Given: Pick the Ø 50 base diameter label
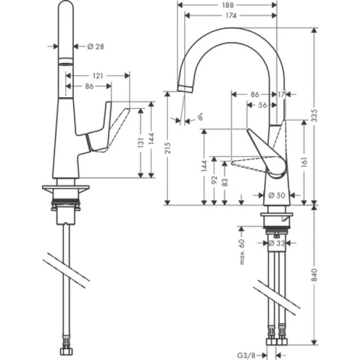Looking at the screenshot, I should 277,195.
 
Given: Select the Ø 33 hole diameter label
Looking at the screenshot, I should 277,243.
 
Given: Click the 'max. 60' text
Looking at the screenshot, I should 244,251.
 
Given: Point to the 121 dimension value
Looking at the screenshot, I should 97,76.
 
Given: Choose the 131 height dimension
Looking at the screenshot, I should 140,145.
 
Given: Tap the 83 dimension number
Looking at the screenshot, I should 224,182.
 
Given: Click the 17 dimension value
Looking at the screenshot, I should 281,94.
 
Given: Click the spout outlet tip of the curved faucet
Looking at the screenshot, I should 185,88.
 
